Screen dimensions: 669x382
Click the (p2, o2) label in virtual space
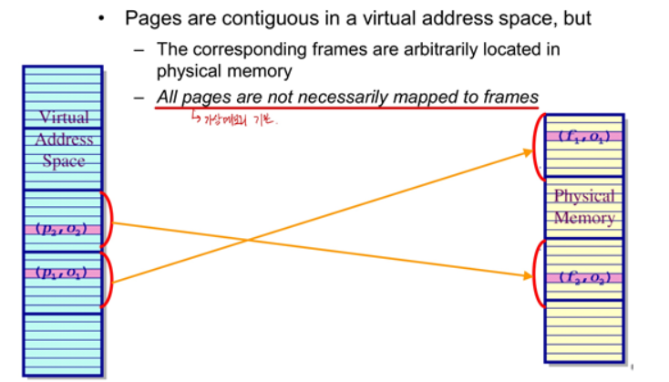63,227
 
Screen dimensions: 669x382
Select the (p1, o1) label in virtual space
63,272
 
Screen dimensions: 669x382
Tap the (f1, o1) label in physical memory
584,137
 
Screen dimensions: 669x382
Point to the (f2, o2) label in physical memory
584,276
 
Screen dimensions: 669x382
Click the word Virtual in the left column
64,117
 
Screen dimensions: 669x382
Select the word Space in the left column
64,161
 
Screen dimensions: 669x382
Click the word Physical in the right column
584,196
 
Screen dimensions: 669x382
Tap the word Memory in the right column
584,218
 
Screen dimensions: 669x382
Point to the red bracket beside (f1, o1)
538,146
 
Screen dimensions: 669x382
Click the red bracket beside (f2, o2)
538,271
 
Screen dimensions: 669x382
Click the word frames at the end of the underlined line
511,97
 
